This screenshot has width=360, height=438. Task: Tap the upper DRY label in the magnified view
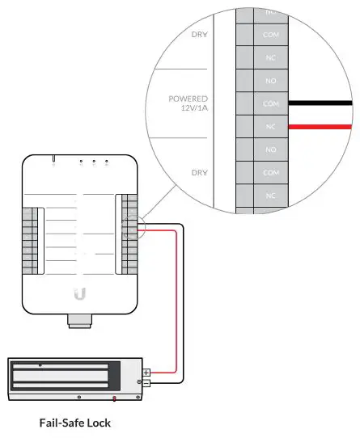click(198, 35)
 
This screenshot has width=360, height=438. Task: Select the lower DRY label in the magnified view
click(198, 172)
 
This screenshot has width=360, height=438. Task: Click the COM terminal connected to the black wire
click(271, 104)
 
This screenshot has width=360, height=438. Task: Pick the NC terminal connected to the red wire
click(271, 127)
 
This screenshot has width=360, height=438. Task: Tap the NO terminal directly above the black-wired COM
click(271, 82)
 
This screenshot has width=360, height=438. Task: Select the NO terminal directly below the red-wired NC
click(271, 150)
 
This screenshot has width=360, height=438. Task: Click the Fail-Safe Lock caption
click(75, 423)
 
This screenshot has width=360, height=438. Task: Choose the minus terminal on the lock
click(146, 382)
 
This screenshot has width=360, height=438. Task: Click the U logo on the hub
click(79, 294)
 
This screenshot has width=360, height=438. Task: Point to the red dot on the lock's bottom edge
click(114, 398)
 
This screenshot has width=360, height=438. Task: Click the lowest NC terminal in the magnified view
click(271, 196)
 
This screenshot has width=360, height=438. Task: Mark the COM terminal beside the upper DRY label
click(271, 36)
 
